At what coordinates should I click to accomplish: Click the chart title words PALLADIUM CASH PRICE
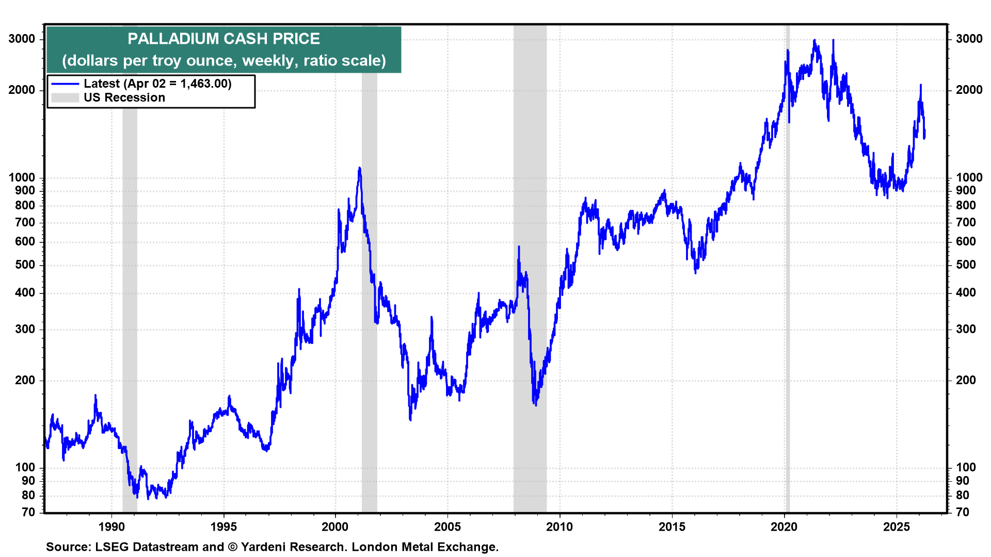coord(223,39)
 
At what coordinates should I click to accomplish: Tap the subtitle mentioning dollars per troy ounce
coord(223,61)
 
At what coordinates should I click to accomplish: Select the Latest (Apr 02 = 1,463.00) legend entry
coord(157,84)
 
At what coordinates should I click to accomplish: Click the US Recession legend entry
coord(124,97)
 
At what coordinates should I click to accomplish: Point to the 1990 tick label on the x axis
coord(111,527)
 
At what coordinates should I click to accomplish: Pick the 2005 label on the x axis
coord(447,527)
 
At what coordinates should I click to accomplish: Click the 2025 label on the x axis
coord(897,527)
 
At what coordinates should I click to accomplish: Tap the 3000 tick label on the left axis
coord(22,39)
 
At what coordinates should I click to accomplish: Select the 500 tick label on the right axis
coord(966,265)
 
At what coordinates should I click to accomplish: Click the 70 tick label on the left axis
coord(28,512)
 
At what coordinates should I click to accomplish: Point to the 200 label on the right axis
coord(966,380)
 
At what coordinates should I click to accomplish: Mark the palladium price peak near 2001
coord(359,168)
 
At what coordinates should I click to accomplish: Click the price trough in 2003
coord(410,419)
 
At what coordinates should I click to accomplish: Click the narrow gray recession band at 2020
coord(788,309)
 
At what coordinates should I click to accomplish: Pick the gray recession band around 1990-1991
coord(130,309)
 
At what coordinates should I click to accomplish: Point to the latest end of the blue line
coord(924,137)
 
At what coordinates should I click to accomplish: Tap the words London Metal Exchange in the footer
coord(424,547)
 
